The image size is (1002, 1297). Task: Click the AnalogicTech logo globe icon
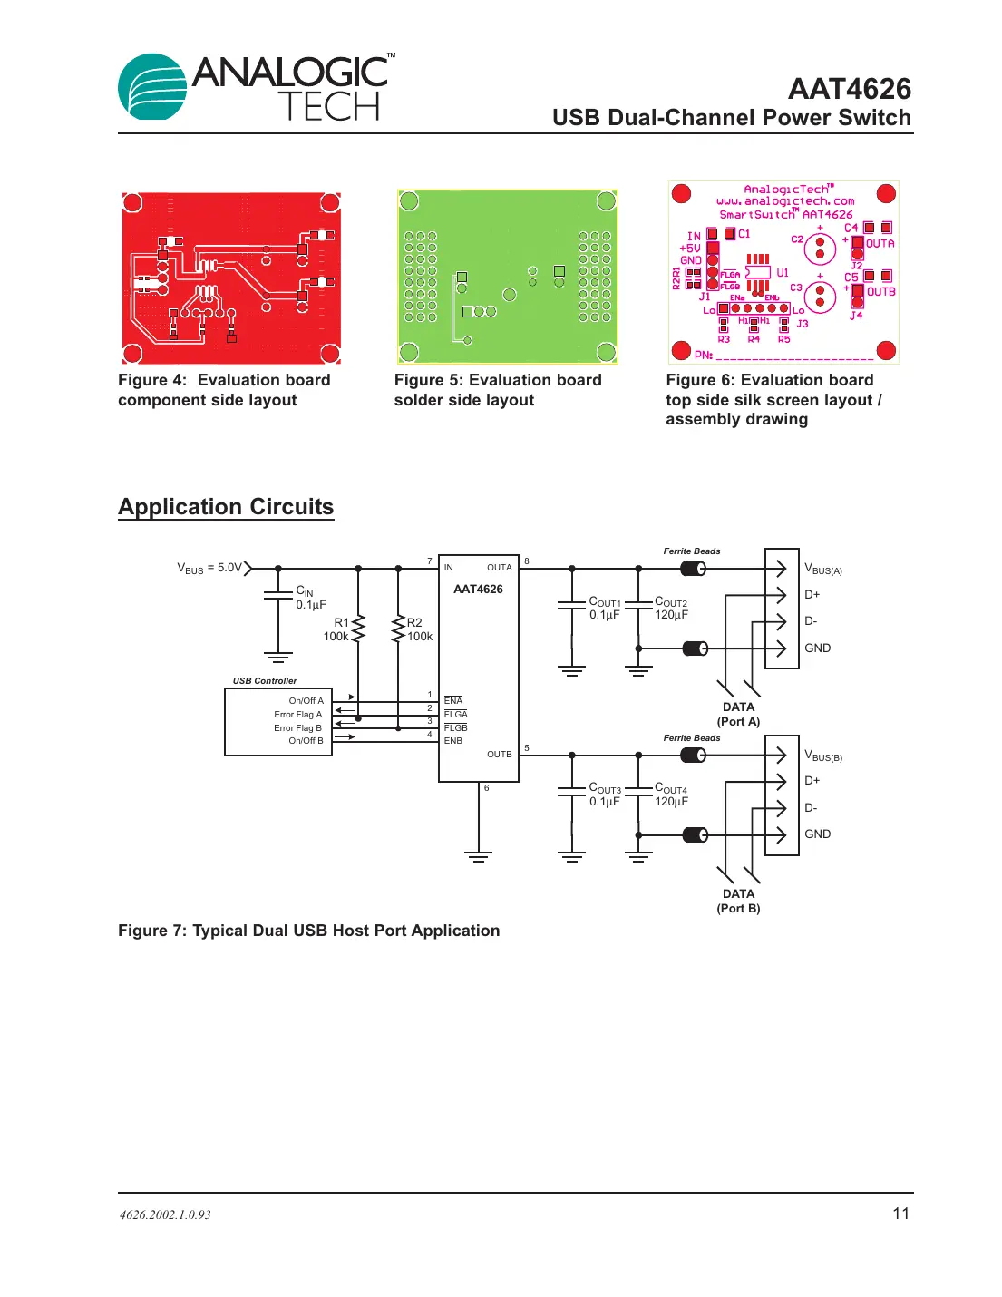click(x=152, y=88)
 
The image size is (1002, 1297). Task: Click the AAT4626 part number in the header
click(x=849, y=89)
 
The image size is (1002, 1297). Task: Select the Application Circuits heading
click(x=226, y=507)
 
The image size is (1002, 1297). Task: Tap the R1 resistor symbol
click(x=358, y=629)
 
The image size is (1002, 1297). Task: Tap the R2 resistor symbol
click(x=398, y=629)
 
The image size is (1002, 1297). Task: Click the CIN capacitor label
click(x=305, y=591)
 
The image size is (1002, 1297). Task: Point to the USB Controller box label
click(x=265, y=681)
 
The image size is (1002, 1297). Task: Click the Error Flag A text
click(x=297, y=715)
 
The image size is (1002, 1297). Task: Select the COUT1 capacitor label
click(x=605, y=602)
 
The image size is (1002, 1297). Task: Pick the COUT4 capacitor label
click(x=671, y=789)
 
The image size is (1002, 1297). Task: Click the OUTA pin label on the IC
click(x=499, y=568)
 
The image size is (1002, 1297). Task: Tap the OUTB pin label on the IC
click(x=499, y=755)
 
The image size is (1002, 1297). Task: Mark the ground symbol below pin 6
click(x=478, y=856)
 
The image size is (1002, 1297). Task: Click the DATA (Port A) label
click(x=738, y=715)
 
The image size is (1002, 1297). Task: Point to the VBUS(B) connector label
click(x=823, y=756)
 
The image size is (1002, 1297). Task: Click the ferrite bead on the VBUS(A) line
click(x=694, y=569)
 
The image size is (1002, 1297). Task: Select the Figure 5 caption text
click(x=497, y=390)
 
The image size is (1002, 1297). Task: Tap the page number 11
click(x=900, y=1214)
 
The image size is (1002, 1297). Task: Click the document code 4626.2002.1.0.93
click(x=165, y=1215)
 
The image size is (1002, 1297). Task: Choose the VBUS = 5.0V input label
click(x=209, y=569)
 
